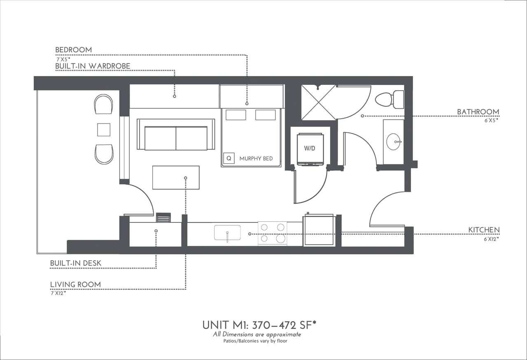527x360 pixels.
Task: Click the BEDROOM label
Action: [x=74, y=50]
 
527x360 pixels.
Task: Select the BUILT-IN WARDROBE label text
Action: [x=93, y=66]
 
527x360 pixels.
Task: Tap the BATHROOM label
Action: [x=478, y=112]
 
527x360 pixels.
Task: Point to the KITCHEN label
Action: [x=484, y=230]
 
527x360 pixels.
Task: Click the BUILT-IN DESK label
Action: [x=76, y=263]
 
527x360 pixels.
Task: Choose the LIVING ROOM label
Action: [x=75, y=284]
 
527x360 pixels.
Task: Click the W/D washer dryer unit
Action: [x=310, y=149]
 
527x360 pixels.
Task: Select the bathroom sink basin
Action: [x=394, y=142]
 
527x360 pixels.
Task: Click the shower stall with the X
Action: [x=319, y=102]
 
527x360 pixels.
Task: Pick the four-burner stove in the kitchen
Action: [x=272, y=233]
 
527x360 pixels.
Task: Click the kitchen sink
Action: [x=227, y=233]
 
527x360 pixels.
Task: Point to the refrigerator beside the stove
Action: [x=319, y=230]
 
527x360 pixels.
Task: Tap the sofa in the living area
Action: [x=176, y=135]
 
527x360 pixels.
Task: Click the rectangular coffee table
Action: [x=176, y=178]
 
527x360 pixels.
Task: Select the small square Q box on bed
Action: [x=229, y=158]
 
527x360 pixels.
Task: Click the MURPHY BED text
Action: [x=256, y=159]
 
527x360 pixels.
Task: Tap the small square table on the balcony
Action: [x=104, y=129]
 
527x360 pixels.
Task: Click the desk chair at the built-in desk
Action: [x=163, y=217]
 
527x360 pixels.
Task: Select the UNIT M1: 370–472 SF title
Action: [x=259, y=325]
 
